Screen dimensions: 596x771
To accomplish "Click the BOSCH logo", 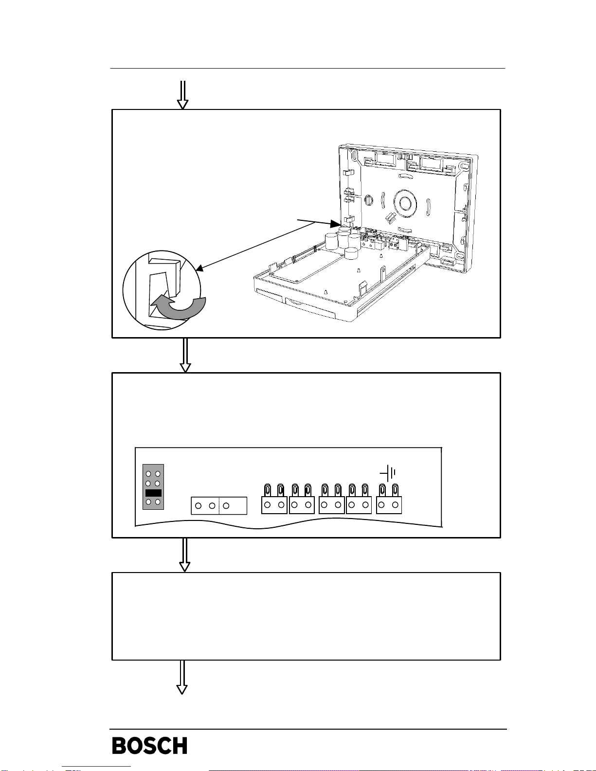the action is [x=149, y=745].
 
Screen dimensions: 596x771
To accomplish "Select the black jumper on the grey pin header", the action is [x=153, y=493].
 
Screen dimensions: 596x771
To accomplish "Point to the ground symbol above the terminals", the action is [x=388, y=473].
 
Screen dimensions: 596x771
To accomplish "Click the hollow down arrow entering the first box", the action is [x=183, y=95].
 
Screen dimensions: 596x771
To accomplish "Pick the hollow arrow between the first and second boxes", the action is [x=185, y=355].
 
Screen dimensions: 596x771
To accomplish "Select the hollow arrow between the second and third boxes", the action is [x=185, y=555].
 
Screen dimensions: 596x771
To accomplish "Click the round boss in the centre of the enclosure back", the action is [x=405, y=203].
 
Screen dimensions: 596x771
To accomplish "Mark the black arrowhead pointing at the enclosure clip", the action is [x=335, y=224].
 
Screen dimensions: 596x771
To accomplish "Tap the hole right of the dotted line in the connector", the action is [x=226, y=506].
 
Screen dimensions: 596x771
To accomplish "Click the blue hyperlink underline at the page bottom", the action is [x=96, y=767].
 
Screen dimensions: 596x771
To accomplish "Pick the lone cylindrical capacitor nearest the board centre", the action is [x=352, y=253].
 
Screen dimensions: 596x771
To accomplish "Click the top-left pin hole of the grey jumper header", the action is [x=148, y=474].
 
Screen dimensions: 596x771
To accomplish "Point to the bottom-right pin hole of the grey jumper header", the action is [x=158, y=502].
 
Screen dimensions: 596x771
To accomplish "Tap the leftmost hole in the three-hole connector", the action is [x=199, y=506].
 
